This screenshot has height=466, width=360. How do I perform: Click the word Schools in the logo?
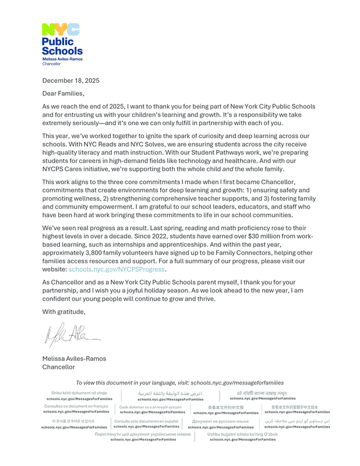tap(62, 51)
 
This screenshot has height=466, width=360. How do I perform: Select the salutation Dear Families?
tap(63, 93)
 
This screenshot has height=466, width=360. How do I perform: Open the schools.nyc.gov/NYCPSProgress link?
tap(117, 269)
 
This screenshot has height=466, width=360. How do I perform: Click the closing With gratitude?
tap(63, 312)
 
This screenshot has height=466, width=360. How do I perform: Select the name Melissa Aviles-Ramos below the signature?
tap(74, 359)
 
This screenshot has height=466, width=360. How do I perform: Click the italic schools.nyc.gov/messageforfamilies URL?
tap(237, 383)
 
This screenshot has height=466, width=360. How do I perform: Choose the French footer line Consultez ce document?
tap(76, 406)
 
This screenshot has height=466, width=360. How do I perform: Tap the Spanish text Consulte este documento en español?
tap(146, 421)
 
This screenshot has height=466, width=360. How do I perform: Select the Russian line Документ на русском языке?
tap(220, 421)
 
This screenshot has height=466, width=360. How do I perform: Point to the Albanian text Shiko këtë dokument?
tap(79, 393)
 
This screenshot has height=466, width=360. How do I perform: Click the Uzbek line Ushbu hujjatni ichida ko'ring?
tap(243, 434)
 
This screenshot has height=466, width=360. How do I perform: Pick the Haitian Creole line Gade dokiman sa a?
tap(151, 407)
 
